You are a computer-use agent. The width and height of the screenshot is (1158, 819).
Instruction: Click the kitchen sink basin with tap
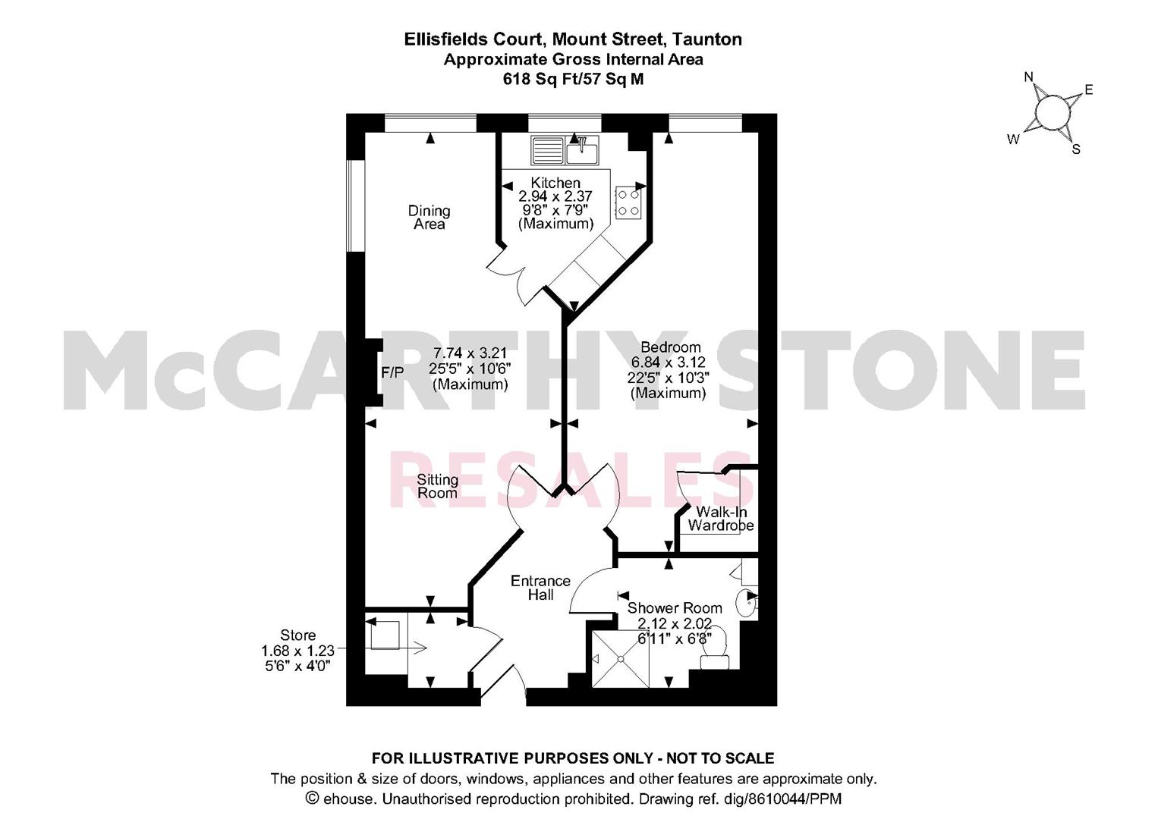point(582,150)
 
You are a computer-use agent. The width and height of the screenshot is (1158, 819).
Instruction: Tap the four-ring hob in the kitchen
point(628,202)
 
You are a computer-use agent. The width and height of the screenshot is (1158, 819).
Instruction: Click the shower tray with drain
point(620,659)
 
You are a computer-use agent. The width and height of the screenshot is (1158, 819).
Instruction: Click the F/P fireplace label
point(392,372)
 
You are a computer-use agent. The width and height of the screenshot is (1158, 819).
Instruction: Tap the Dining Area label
point(429,218)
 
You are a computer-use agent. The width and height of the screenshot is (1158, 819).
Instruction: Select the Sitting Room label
point(437,486)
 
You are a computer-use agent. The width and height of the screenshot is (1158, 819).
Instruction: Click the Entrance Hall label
point(540,588)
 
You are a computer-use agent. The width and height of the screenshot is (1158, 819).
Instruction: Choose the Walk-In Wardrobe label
point(721,519)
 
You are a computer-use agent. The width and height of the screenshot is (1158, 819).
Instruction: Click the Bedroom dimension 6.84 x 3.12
point(669,362)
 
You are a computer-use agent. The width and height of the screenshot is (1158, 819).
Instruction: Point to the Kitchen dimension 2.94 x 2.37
point(555,196)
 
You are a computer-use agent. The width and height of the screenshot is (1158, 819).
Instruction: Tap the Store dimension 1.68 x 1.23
point(297,650)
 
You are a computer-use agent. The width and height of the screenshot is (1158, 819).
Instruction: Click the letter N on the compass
point(1029,77)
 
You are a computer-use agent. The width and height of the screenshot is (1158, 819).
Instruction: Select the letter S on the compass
point(1076,150)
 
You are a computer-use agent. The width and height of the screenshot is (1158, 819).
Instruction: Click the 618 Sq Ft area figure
point(534,79)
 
